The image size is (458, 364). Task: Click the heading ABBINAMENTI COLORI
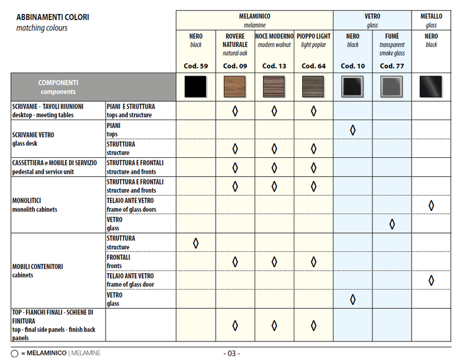pos(53,17)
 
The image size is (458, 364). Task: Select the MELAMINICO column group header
pos(255,16)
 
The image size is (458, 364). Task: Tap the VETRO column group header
pos(372,16)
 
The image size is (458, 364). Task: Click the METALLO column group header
pos(431,16)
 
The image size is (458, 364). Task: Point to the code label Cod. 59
pos(196,66)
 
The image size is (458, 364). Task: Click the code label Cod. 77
pos(391,66)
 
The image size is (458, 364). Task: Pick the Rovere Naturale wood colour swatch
pos(234,88)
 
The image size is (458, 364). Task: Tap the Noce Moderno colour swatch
pos(274,88)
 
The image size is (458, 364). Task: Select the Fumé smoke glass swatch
pos(391,88)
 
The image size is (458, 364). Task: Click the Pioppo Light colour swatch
pos(313,88)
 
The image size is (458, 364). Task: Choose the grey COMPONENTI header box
pos(58,87)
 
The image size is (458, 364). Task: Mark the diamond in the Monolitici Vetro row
pos(392,224)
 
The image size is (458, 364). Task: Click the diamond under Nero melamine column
pos(196,243)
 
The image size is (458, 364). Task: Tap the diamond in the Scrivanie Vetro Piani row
pos(352,130)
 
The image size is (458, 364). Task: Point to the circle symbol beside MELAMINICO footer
pos(15,354)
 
